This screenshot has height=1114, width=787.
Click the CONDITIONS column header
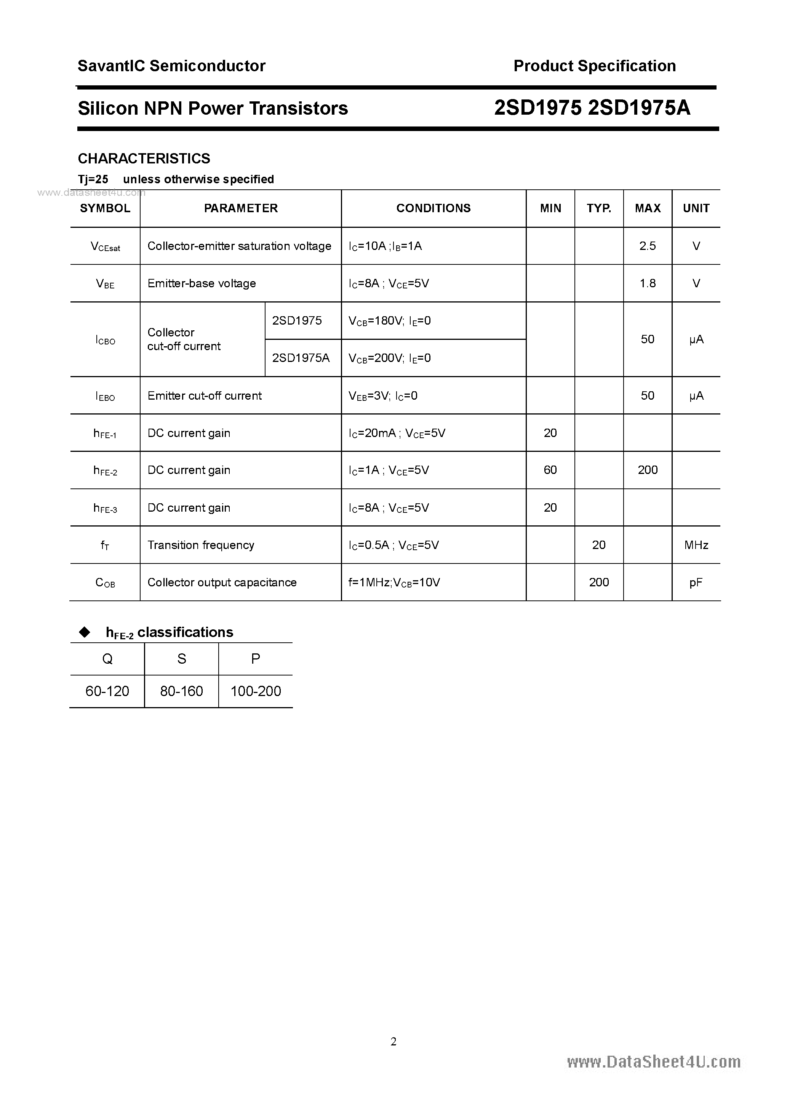pos(433,208)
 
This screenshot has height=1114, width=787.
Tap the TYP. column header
pos(599,208)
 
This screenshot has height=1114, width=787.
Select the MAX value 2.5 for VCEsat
pos(647,246)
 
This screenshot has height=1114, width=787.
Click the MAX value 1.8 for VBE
pos(647,283)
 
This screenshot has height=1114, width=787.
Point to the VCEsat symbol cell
pos(105,246)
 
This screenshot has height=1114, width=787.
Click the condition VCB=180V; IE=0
pos(390,321)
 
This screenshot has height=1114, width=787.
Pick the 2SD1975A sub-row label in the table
pos(301,358)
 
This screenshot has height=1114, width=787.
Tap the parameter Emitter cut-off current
pos(204,396)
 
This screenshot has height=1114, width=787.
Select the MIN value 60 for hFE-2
pos(550,470)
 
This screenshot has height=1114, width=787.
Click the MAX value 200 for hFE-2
pos(648,470)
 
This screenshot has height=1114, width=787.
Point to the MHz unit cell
pos(696,545)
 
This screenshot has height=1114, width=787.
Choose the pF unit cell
pos(696,583)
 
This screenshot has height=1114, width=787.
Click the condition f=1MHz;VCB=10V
pos(394,582)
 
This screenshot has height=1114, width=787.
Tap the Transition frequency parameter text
pos(201,545)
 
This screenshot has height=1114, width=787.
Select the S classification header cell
pos(181,659)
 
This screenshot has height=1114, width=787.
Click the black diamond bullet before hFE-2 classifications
pos(85,632)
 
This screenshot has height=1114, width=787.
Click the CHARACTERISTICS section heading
pos(144,158)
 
